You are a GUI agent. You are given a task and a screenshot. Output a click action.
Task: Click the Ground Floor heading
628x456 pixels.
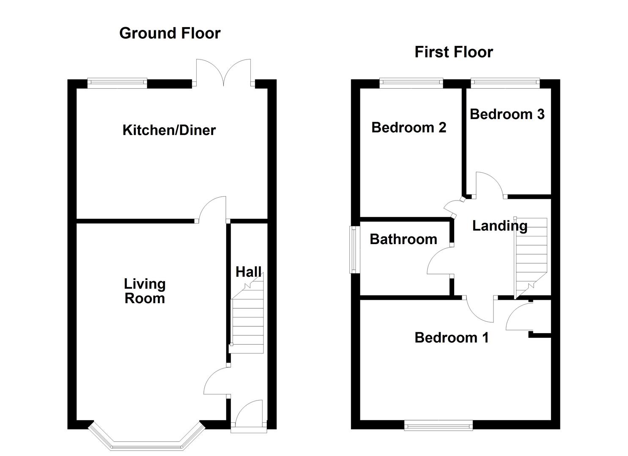click(x=170, y=33)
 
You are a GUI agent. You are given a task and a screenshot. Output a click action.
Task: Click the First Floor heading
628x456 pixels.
click(x=454, y=52)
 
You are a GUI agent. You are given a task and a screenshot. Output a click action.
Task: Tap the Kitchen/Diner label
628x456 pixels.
click(x=169, y=130)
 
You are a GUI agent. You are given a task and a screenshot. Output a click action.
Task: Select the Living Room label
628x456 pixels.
click(x=145, y=291)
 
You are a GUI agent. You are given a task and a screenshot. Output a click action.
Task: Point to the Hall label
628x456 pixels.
click(x=248, y=272)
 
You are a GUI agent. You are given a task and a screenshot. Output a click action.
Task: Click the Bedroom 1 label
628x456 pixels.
click(x=452, y=338)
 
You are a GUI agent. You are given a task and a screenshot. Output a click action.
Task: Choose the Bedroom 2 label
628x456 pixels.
click(x=409, y=128)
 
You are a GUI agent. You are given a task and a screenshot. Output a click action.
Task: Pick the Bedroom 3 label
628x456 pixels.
click(x=507, y=114)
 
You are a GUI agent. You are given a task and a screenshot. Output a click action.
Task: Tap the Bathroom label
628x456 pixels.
click(x=403, y=239)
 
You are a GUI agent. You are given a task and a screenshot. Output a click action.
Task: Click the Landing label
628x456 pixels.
click(x=500, y=226)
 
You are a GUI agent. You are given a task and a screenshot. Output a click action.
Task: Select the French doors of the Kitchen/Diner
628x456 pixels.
click(x=223, y=72)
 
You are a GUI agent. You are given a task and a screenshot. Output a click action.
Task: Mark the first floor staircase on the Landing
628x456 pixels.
click(x=530, y=258)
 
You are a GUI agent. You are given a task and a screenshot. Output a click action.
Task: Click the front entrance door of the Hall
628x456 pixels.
click(x=249, y=417)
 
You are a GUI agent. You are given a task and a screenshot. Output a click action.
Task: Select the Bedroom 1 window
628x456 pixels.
click(x=439, y=426)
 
